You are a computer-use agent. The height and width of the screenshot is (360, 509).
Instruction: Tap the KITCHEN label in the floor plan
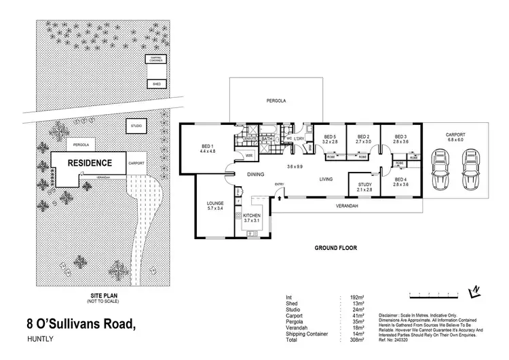pos(252,217)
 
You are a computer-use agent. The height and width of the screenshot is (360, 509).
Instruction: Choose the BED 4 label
pos(400,181)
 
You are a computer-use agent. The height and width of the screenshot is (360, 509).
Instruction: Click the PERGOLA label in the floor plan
pos(275,101)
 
